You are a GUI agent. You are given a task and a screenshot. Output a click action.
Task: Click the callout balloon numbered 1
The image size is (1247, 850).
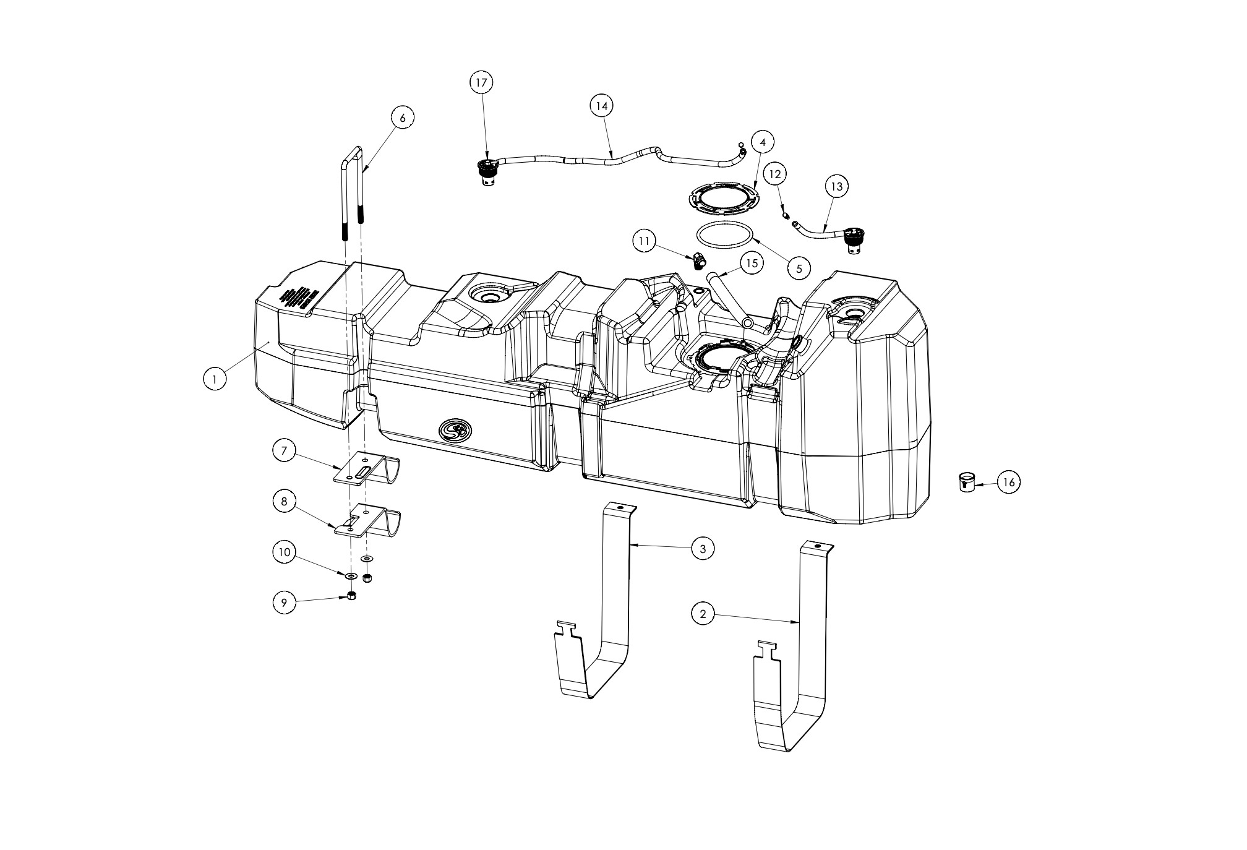(214, 379)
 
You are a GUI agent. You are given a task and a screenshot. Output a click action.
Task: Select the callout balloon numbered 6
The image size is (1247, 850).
(403, 118)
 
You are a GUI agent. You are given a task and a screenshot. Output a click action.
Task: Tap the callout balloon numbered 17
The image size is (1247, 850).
(482, 82)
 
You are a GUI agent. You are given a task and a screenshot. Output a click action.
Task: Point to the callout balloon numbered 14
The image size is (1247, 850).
(602, 106)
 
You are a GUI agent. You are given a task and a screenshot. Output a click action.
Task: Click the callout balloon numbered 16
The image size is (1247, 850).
(1009, 483)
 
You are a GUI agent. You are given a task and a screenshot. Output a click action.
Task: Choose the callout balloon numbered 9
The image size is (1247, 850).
(284, 604)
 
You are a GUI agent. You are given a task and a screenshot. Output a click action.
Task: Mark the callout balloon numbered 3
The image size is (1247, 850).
(703, 549)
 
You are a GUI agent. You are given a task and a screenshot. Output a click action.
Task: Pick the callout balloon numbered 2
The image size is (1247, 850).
(703, 614)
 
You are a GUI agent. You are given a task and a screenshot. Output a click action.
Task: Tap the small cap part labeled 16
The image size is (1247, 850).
(966, 481)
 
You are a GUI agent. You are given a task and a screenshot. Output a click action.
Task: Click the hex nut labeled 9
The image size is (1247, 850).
(351, 596)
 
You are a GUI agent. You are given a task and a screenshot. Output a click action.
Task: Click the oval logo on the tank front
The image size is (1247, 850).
(454, 429)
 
